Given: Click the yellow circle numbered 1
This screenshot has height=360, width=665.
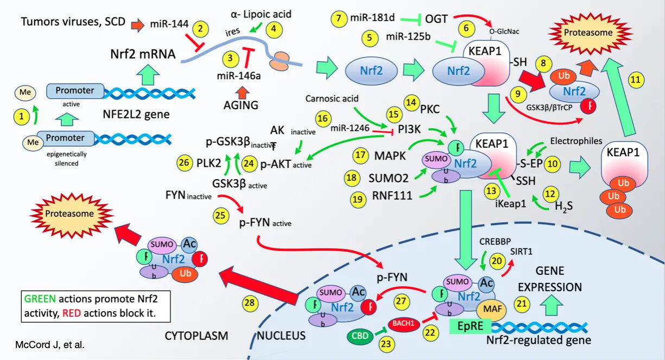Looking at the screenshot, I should pos(22,116).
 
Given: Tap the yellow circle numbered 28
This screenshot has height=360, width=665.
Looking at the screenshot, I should pos(250,303).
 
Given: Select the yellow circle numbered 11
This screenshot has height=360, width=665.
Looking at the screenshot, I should pos(636,80).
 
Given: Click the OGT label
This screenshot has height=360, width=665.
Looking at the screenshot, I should pos(437,19).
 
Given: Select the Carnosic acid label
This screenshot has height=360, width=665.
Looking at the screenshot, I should pos(332,99).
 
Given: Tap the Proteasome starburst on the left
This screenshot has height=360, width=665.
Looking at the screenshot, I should pos(69,214).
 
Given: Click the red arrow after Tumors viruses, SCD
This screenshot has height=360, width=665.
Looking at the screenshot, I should pos(137,23).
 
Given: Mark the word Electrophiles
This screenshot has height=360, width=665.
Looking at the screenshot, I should pos(576,141).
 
